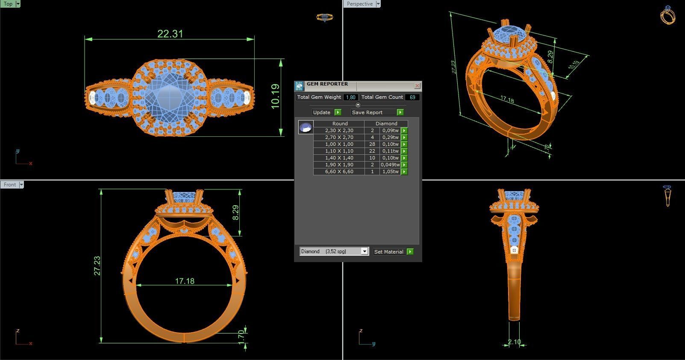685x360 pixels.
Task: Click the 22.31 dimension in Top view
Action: pos(170,34)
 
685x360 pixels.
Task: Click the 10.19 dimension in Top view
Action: pos(276,96)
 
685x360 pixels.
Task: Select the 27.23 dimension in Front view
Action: pos(97,266)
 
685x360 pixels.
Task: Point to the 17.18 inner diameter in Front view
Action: pos(185,281)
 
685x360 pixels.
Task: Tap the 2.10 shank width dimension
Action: pos(514,342)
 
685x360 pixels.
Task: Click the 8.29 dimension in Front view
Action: pos(235,212)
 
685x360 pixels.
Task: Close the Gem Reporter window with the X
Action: pos(417,86)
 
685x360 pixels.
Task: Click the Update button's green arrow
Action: pos(338,112)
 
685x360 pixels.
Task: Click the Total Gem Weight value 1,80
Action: pos(351,97)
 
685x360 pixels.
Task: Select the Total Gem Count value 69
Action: pos(412,97)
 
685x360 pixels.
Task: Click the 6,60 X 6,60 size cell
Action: pos(339,171)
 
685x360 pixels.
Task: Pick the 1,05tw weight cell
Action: pos(390,171)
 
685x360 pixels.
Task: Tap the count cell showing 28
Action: pos(372,144)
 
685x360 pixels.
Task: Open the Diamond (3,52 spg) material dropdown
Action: pos(365,251)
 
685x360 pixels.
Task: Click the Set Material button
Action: pos(388,252)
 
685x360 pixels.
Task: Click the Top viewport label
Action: pos(8,4)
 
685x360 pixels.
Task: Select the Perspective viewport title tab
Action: pos(359,4)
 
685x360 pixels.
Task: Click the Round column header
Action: pos(340,124)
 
